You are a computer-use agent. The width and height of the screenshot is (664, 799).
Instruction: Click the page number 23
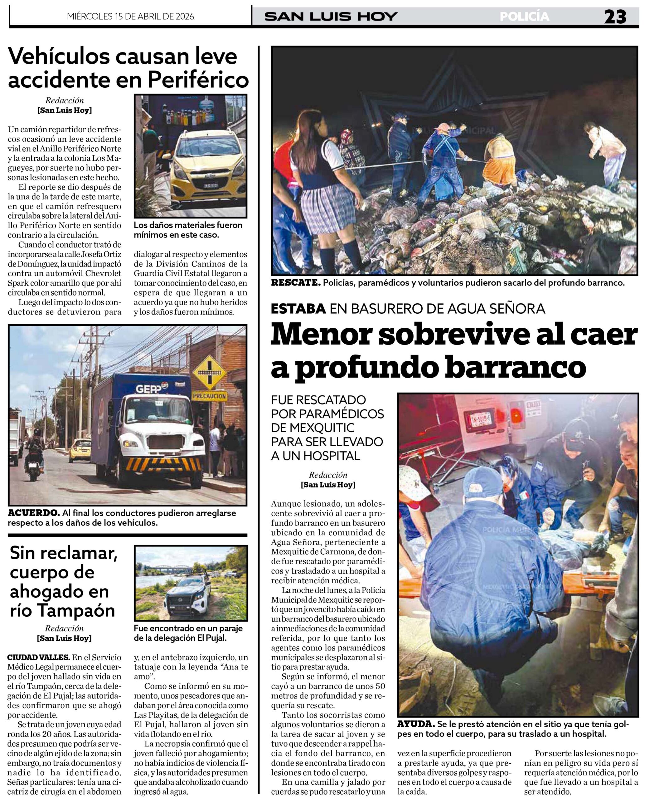[615, 17]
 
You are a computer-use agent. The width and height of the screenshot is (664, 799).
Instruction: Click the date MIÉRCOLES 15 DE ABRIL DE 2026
[130, 16]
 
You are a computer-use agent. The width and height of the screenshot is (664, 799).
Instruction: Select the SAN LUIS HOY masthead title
[331, 17]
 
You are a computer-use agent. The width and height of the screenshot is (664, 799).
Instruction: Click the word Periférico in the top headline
[198, 80]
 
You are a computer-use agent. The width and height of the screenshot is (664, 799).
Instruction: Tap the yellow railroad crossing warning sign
[210, 371]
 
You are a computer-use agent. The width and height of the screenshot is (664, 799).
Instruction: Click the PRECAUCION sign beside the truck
[210, 396]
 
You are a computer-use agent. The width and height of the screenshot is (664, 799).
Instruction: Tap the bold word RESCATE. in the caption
[295, 283]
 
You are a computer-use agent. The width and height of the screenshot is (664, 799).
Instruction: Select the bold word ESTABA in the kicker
[298, 309]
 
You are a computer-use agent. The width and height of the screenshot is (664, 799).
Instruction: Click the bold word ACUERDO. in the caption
[33, 513]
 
